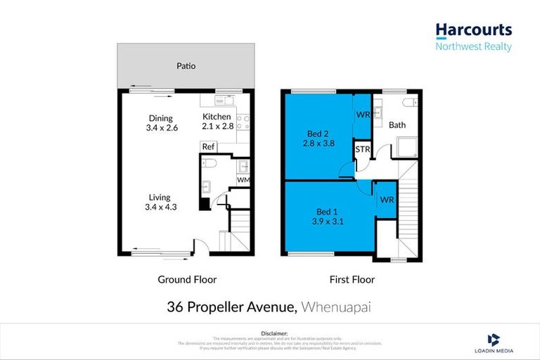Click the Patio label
pos(186,66)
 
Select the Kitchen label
pos(217,117)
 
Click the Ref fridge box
pos(207,147)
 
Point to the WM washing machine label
pos(243,180)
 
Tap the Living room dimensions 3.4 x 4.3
pos(160,207)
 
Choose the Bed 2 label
pos(318,134)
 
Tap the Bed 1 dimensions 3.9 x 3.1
pos(326,221)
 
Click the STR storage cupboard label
pos(363,150)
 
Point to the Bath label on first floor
pos(397,125)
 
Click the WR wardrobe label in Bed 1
pos(386,200)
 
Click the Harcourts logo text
pos(473,30)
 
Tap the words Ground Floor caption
pos(187,279)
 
